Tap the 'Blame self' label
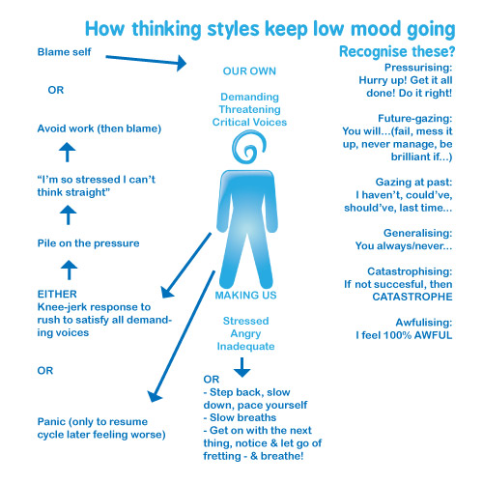(x=65, y=52)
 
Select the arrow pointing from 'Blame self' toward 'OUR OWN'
(x=146, y=60)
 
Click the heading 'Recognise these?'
(x=397, y=51)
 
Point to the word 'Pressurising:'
(x=418, y=68)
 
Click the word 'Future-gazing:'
(x=415, y=119)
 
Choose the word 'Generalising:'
(x=418, y=233)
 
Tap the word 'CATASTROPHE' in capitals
(x=412, y=297)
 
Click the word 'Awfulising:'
(x=424, y=323)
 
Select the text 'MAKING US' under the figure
(x=245, y=296)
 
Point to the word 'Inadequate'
(x=245, y=347)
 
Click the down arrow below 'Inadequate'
(x=241, y=367)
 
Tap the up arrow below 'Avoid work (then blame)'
(x=68, y=152)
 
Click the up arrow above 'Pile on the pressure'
(x=69, y=214)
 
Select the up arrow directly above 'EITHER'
(x=69, y=270)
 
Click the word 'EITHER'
(x=57, y=295)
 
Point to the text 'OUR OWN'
(x=249, y=71)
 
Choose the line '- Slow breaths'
(x=240, y=417)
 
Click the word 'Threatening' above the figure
(x=249, y=109)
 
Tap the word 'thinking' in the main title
(x=166, y=30)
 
